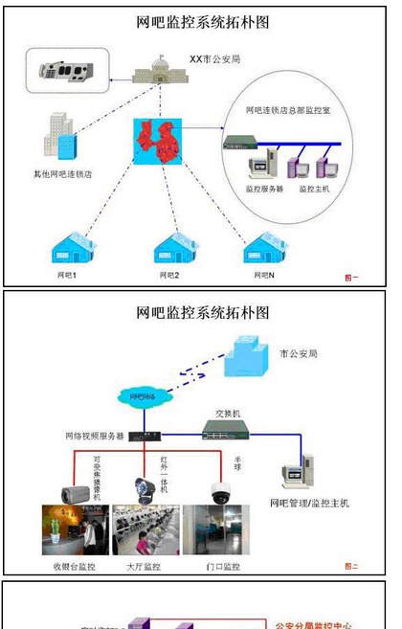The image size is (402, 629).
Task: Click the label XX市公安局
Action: tap(214, 58)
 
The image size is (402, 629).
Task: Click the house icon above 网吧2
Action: tap(176, 249)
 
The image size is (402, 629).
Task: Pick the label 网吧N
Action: tap(264, 276)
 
